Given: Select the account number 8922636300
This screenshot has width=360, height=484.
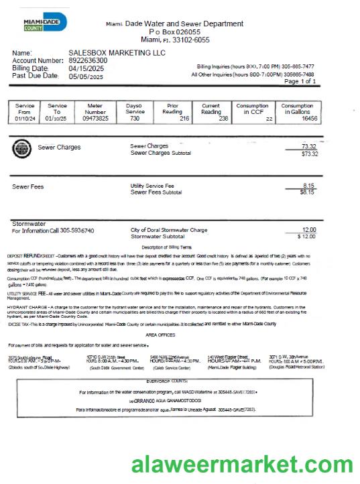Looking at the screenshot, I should [x=88, y=60].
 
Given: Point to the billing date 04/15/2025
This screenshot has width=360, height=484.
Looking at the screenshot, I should [x=86, y=68].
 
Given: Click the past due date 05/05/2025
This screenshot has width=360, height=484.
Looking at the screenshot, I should [x=86, y=76].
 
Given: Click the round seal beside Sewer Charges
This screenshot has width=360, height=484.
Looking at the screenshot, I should [x=21, y=149].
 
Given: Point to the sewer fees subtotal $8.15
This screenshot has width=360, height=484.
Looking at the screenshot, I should [x=308, y=192].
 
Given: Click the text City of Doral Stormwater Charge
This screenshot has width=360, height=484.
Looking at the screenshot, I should [x=169, y=229].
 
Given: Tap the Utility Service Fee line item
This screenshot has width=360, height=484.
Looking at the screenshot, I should [x=152, y=185].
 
